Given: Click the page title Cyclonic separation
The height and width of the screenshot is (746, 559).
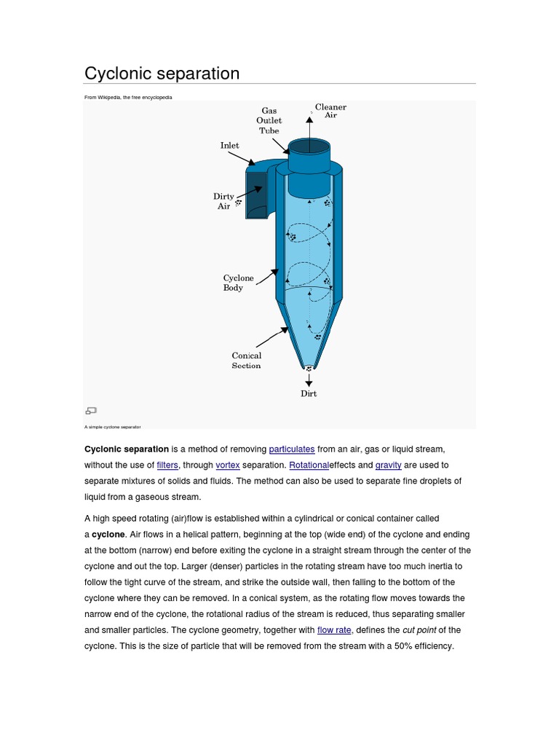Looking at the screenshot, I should coord(162,74).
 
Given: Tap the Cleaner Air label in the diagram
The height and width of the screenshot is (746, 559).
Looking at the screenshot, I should coord(330,111).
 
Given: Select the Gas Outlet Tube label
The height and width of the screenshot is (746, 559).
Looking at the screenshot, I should coord(269,121).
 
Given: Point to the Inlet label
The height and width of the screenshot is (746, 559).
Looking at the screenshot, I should coord(229,146).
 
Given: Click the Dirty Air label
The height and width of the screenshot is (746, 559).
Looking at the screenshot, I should coord(223,201).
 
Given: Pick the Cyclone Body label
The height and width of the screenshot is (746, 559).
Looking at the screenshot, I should coord(238,283).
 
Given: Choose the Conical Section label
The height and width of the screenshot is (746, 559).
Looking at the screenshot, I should coord(246,361).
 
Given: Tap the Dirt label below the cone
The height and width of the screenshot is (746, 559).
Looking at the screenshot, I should coord(309,394).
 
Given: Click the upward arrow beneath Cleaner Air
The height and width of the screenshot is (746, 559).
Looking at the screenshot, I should coord(309,127).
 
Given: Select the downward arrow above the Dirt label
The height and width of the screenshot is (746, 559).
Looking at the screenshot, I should coord(309,379).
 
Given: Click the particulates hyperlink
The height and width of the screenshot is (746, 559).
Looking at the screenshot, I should coord(292,449).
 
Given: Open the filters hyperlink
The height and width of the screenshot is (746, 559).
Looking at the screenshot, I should coord(167,466).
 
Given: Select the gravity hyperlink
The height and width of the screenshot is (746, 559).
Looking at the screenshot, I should coord(388,466).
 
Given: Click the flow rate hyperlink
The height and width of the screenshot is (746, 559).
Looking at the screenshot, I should coord(334,630).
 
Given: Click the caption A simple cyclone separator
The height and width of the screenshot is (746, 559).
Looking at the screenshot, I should coord(113,427).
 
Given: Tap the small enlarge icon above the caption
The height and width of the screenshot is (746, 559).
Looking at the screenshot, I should coord(91,411).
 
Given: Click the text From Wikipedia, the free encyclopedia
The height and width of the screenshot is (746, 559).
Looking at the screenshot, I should coord(128,97).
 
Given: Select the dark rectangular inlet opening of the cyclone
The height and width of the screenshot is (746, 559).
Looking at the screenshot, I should coord(256,195).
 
